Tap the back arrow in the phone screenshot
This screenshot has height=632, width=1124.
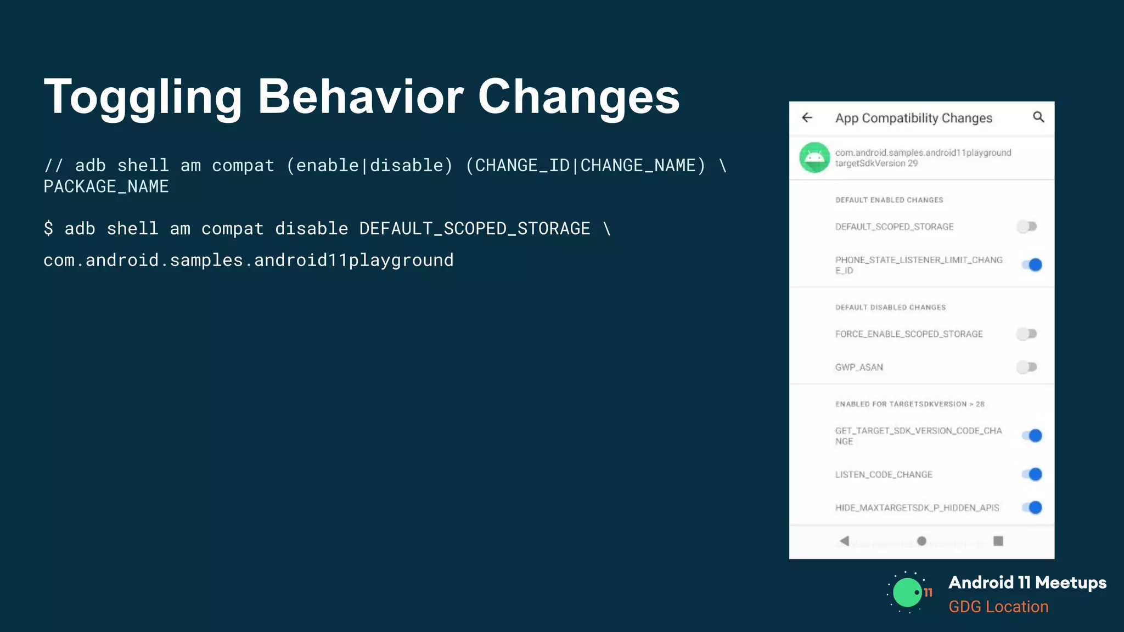tap(807, 117)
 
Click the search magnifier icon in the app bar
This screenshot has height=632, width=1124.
tap(1038, 117)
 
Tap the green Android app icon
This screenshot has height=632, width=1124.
tap(814, 157)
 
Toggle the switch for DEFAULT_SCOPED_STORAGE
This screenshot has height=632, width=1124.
tap(1027, 227)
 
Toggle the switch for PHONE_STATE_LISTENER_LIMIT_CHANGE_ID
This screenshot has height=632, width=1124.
tap(1032, 265)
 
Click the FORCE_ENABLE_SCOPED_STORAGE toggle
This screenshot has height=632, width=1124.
tap(1027, 334)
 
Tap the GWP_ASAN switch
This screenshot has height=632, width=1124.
tap(1027, 367)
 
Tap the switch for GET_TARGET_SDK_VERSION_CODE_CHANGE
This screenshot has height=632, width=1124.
tap(1032, 436)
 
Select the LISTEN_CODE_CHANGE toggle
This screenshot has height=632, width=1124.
tap(1032, 475)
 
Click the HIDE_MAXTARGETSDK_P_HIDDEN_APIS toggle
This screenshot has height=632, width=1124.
tap(1032, 507)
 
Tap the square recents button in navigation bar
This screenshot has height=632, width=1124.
tap(998, 541)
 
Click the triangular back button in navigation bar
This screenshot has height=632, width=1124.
tap(845, 541)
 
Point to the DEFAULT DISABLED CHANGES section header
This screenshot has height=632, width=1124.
tap(890, 307)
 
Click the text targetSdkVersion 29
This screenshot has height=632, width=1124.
tap(876, 163)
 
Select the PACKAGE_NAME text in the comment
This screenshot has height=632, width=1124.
tap(106, 187)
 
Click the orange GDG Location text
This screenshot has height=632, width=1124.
tap(998, 607)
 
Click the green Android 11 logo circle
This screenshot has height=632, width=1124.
tap(907, 592)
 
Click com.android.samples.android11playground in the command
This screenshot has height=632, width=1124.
tap(248, 260)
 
